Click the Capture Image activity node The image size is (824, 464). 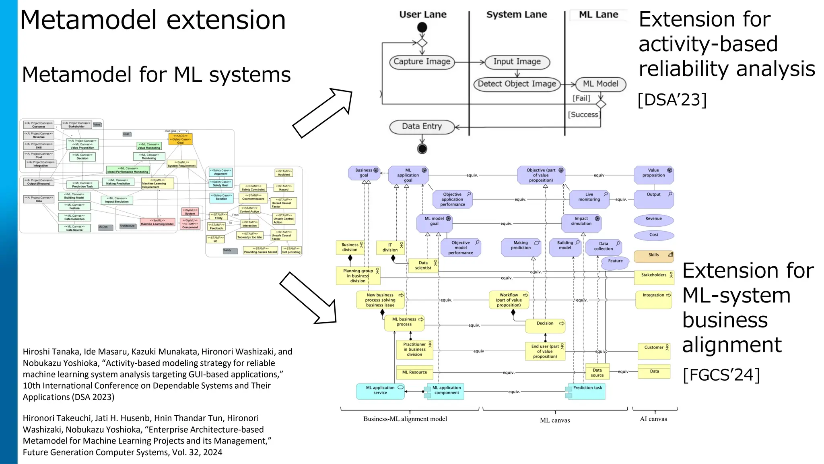pos(422,62)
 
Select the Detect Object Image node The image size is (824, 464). pos(517,84)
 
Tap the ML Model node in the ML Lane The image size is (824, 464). pos(600,84)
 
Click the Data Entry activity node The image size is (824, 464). pos(422,126)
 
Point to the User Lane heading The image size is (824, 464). pos(422,14)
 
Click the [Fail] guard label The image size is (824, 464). pos(581,98)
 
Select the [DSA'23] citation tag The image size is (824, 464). pos(672,100)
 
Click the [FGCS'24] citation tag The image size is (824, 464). pos(721,375)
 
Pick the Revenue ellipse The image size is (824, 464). pos(653,219)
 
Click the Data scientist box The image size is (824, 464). pos(423,265)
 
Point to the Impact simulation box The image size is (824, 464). pos(581,222)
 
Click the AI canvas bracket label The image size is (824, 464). pos(653,419)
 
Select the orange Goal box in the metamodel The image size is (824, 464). pos(181,139)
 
